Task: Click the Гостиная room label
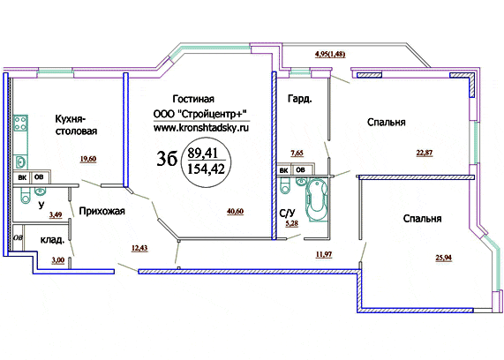click(x=193, y=99)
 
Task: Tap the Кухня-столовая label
click(x=76, y=125)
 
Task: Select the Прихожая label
click(x=102, y=211)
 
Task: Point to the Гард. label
click(x=299, y=99)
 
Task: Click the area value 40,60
click(x=236, y=212)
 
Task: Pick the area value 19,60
click(x=88, y=159)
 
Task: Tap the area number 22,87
click(x=425, y=153)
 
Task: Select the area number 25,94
click(x=444, y=258)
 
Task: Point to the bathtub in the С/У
click(x=317, y=200)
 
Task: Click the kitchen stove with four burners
click(x=20, y=124)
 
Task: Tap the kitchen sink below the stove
click(x=20, y=161)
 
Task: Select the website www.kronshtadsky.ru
click(x=201, y=128)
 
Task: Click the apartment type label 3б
click(x=167, y=159)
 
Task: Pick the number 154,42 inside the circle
click(x=206, y=169)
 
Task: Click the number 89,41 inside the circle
click(x=203, y=153)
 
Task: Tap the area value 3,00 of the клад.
click(x=58, y=260)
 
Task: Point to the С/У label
click(x=287, y=214)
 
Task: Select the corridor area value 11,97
click(x=324, y=255)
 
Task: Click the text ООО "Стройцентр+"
click(x=200, y=114)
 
